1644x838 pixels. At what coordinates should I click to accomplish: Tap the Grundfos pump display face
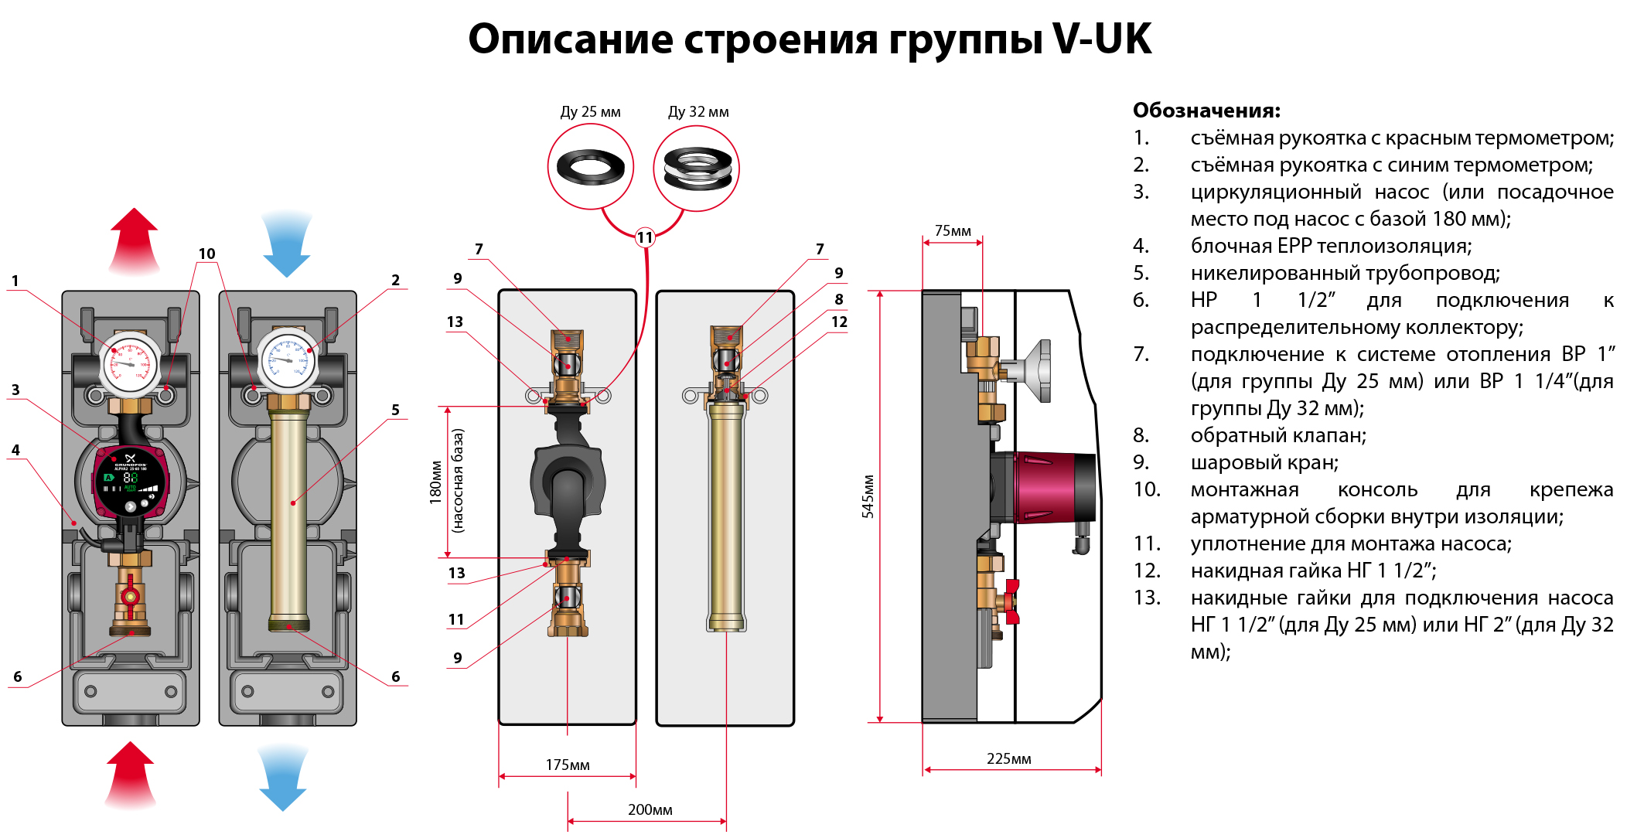pos(130,481)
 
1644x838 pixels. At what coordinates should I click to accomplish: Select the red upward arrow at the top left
pos(134,240)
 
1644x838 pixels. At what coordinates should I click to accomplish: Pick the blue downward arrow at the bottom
pos(282,776)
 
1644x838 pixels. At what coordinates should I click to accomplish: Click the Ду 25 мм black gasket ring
pos(591,167)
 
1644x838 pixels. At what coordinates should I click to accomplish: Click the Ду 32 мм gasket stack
pos(697,168)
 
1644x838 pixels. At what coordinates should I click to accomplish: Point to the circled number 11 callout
pos(645,237)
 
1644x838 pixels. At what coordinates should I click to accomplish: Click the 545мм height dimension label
pos(868,496)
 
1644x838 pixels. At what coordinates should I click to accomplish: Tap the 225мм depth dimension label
pos(1008,758)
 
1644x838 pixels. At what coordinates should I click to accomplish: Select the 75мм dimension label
pos(952,230)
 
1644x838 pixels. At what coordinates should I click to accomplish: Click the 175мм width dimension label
pos(567,765)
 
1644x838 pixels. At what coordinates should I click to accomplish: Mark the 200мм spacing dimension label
pos(650,809)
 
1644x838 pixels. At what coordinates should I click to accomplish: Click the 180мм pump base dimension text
pos(436,482)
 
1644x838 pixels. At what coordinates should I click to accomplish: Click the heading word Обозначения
pos(1206,111)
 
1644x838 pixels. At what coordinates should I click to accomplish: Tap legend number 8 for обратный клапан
pos(1141,435)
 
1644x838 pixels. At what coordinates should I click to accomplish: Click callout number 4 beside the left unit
pos(15,450)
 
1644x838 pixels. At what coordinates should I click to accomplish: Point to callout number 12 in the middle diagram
pos(839,322)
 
